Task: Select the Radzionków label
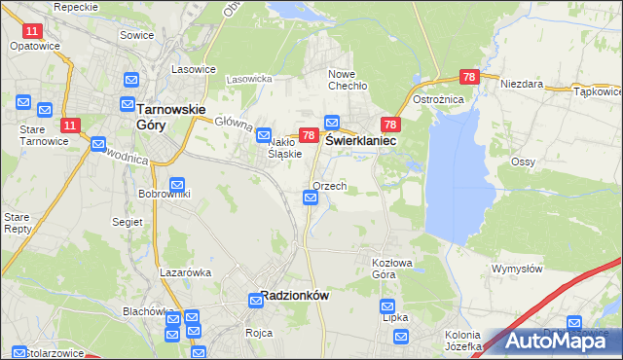pos(295,297)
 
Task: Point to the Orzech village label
pos(330,186)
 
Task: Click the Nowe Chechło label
pos(347,80)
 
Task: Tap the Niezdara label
pos(521,85)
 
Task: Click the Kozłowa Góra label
pos(397,268)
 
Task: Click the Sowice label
pos(137,34)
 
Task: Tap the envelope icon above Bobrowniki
pos(177,184)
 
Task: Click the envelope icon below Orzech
pos(311,198)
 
